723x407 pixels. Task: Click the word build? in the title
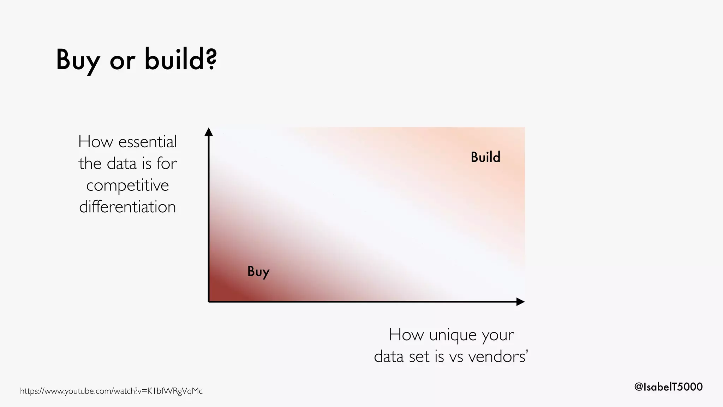click(180, 59)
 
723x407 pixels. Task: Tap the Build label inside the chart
click(485, 157)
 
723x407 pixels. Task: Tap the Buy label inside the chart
click(258, 272)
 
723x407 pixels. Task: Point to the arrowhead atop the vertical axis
click(209, 132)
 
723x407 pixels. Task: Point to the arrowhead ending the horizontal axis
click(520, 302)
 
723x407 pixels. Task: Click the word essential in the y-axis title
click(148, 142)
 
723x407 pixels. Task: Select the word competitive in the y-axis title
click(127, 185)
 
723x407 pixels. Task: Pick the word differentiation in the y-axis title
click(127, 207)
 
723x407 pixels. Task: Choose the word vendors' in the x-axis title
click(498, 356)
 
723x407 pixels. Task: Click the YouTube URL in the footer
click(111, 391)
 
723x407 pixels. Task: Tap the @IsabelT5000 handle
click(668, 387)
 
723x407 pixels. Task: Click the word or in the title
click(122, 61)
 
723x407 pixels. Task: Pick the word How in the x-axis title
click(406, 335)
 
